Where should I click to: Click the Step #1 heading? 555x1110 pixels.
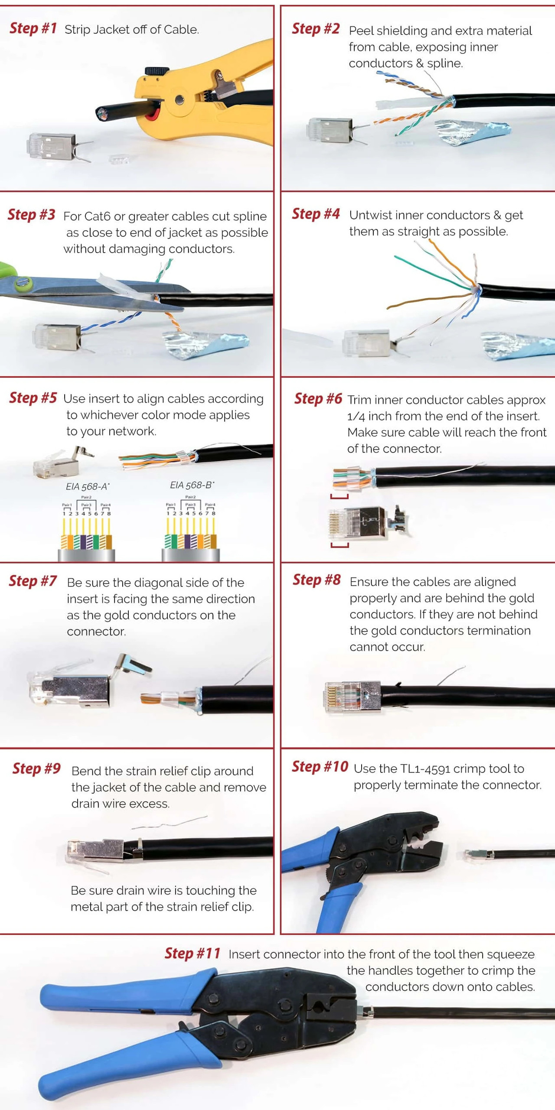[x=33, y=29]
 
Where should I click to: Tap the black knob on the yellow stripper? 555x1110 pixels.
[x=157, y=71]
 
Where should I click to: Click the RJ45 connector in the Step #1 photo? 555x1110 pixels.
[x=52, y=146]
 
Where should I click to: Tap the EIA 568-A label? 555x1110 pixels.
[x=88, y=486]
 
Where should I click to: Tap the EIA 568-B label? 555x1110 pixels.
[x=192, y=485]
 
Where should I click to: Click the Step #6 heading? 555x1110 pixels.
[x=318, y=399]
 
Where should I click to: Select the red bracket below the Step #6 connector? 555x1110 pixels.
[x=340, y=545]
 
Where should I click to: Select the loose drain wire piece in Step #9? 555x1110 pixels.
[x=169, y=822]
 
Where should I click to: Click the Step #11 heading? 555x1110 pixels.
[x=192, y=954]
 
